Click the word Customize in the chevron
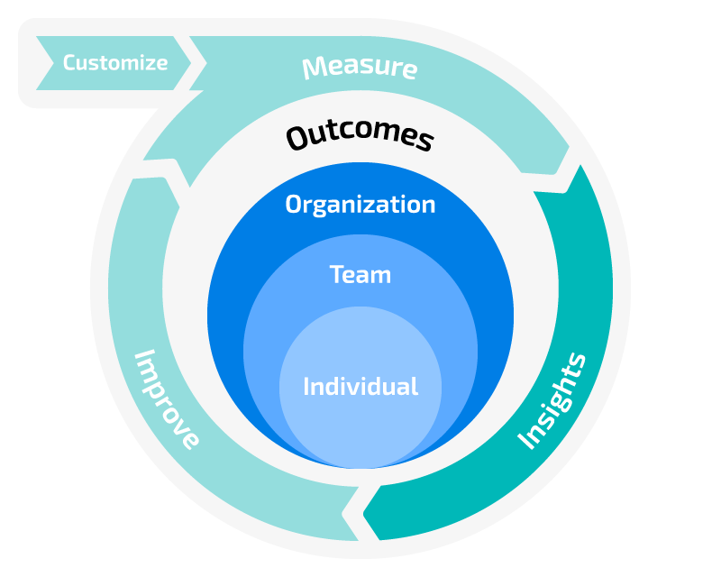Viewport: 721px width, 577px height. click(x=114, y=63)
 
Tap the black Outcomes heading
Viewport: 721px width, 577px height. click(x=360, y=137)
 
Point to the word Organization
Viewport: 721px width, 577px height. click(x=360, y=205)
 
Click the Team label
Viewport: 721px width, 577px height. click(x=360, y=274)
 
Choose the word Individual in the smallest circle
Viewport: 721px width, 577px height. click(x=360, y=387)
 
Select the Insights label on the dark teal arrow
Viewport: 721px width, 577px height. click(x=552, y=401)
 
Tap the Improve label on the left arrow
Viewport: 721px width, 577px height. click(x=167, y=399)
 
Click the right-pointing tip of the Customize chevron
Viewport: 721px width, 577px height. click(x=190, y=63)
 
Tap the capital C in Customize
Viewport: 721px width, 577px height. click(x=69, y=63)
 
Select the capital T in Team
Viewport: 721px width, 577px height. click(x=335, y=274)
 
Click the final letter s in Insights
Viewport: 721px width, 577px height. click(x=576, y=362)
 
